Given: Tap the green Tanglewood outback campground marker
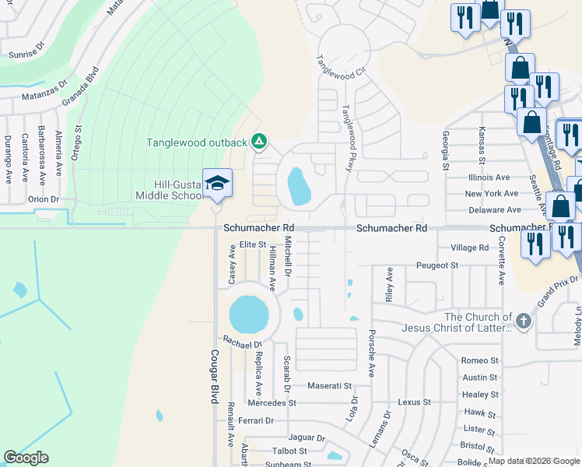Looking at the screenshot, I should coord(259,142).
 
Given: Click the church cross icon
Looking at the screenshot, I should coord(524,319).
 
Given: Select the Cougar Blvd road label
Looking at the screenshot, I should coord(213,376).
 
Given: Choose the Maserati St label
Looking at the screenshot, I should coord(330,385).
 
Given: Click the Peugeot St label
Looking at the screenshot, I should coord(437,265).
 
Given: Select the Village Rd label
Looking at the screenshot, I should coord(469,248).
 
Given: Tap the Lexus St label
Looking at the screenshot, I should coord(414,402).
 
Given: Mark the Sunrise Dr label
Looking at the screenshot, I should coord(27,55).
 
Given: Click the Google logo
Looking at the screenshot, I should coord(26,458).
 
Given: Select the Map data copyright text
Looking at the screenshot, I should coord(533,461).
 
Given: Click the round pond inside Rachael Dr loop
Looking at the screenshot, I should coord(249,314).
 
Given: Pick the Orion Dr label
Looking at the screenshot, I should coord(44,198).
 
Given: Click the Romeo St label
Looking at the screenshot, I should coord(479,360).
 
